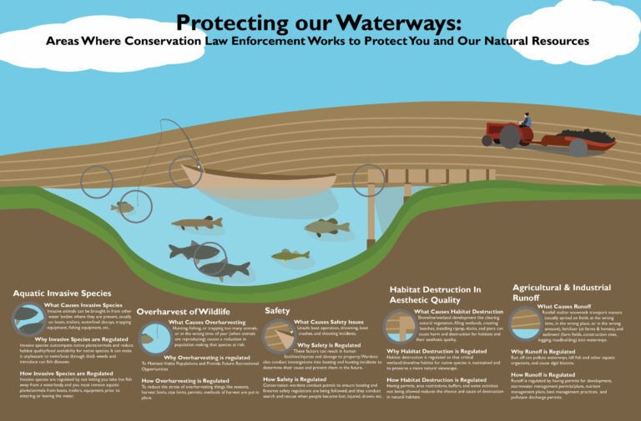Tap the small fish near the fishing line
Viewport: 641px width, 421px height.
pyautogui.click(x=123, y=207)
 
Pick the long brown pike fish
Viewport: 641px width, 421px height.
pyautogui.click(x=197, y=223)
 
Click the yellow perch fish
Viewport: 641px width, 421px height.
pyautogui.click(x=290, y=255)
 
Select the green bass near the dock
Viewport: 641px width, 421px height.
pyautogui.click(x=326, y=226)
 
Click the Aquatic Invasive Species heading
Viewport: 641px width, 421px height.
pyautogui.click(x=62, y=293)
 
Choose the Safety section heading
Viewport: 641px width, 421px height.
pyautogui.click(x=277, y=310)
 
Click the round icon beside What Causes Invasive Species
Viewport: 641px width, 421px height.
pyautogui.click(x=28, y=318)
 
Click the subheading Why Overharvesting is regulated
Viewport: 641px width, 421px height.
pyautogui.click(x=191, y=358)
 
